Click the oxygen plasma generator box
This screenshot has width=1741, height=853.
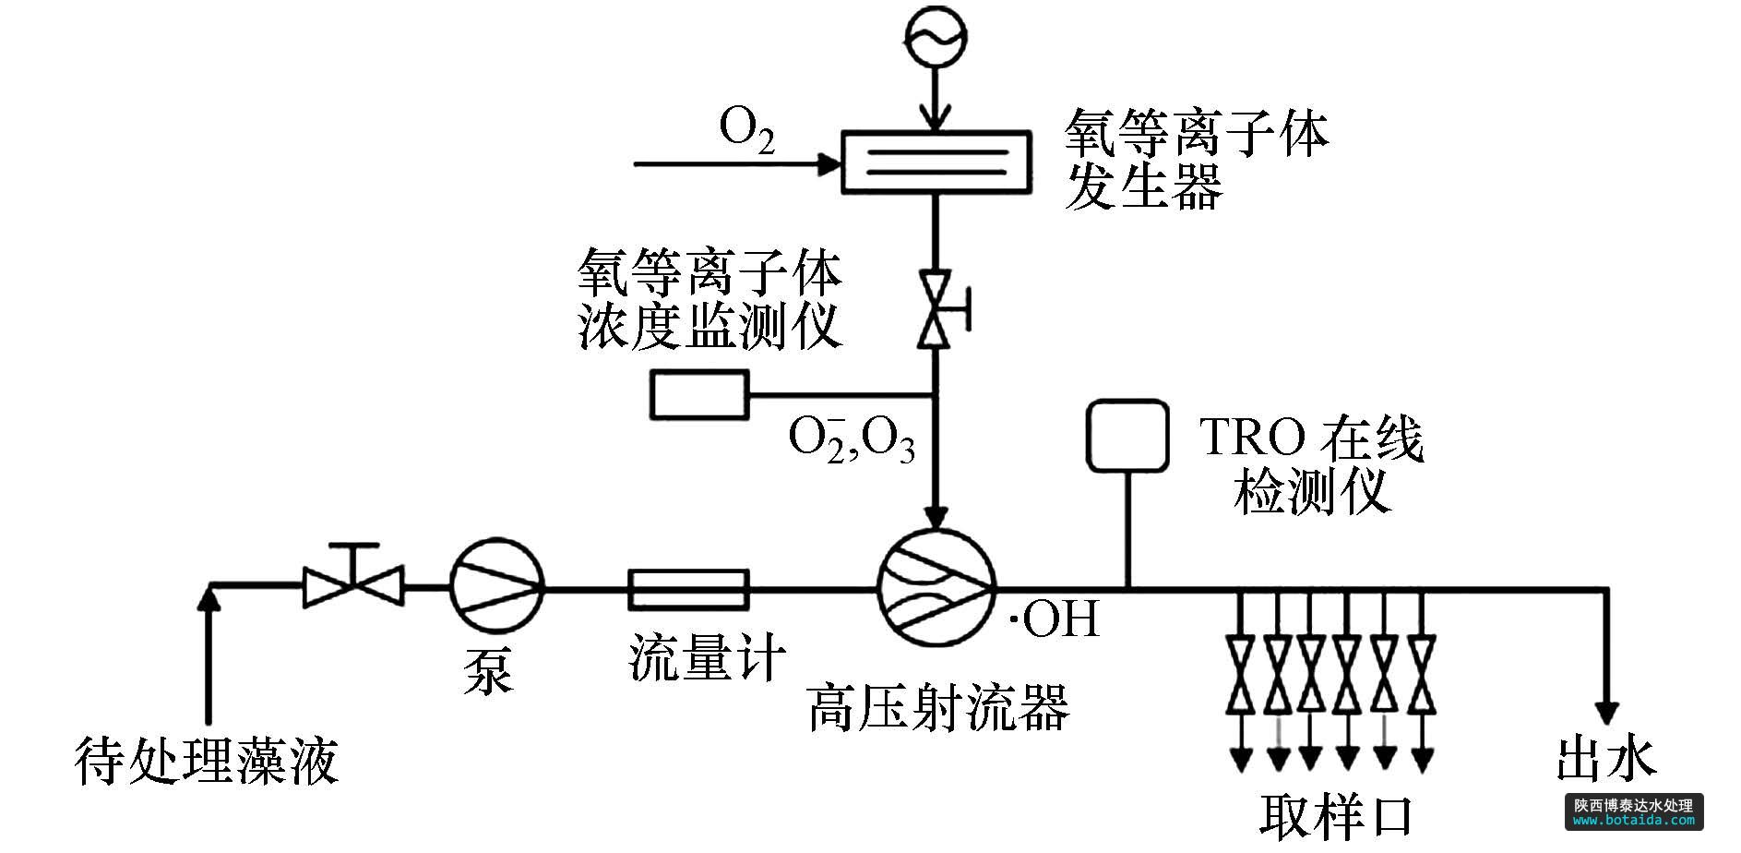coord(936,162)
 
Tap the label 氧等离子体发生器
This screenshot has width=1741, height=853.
coord(1196,159)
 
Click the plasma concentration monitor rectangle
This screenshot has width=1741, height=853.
coord(699,395)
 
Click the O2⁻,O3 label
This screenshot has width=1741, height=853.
coord(851,439)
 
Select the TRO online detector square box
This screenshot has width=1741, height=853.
coord(1127,435)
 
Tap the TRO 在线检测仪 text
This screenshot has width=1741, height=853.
coord(1311,466)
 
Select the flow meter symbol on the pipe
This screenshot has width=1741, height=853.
coord(688,589)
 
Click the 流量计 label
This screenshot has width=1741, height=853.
coord(708,656)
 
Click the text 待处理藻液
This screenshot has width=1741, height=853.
coord(207,759)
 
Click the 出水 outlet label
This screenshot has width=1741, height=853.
coord(1605,759)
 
